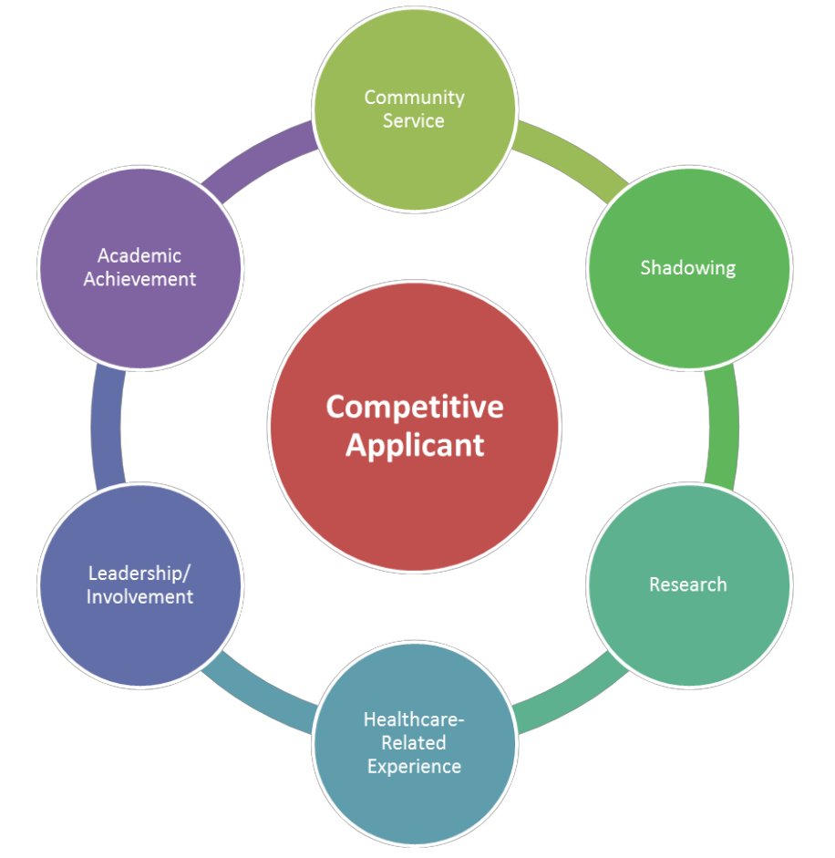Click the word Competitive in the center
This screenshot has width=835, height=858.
click(415, 407)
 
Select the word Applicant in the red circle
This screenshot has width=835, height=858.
click(415, 446)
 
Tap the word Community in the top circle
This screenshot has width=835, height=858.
click(415, 97)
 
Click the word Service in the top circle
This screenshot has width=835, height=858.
click(414, 120)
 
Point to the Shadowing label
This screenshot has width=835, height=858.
click(687, 267)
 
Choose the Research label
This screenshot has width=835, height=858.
click(687, 584)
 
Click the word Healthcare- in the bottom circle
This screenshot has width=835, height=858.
click(414, 719)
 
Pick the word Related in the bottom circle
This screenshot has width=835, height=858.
click(414, 742)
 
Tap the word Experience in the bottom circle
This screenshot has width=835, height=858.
click(414, 766)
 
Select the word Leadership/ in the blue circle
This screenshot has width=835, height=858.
click(140, 574)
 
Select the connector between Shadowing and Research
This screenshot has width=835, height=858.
click(722, 426)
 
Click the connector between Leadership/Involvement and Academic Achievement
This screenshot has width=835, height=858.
click(107, 426)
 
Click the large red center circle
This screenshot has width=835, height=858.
click(415, 511)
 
